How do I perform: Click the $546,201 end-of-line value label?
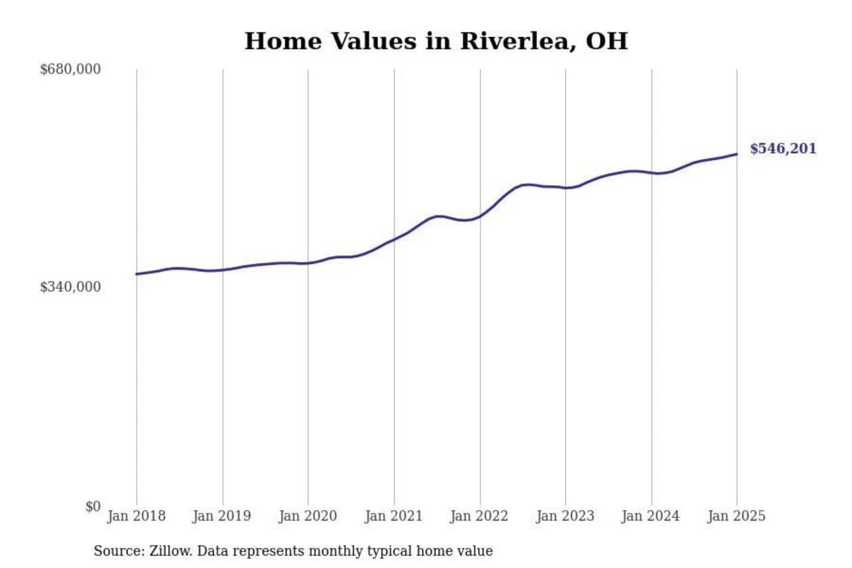[783, 149]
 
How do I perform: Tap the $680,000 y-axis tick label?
[70, 69]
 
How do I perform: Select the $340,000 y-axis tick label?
[70, 287]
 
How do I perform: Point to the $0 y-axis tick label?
[92, 506]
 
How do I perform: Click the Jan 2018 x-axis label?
[136, 516]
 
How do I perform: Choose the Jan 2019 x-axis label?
[221, 516]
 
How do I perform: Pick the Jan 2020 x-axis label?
[308, 516]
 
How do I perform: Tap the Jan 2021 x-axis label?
[393, 516]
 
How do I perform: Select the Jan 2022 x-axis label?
[479, 516]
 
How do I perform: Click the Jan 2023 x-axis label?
[565, 516]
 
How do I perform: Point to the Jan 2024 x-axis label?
[650, 516]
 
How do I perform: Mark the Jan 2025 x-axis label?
[736, 516]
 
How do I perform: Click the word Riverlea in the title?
[517, 41]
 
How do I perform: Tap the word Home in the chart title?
[283, 41]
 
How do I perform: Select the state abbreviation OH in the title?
[606, 41]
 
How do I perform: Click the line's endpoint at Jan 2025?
[737, 154]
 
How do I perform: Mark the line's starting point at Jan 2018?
[137, 274]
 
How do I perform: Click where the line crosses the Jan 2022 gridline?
[480, 216]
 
